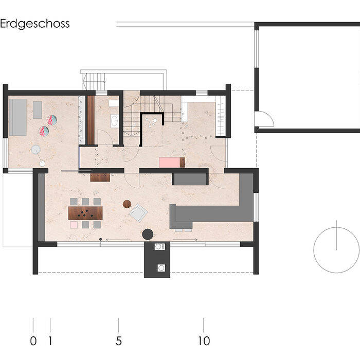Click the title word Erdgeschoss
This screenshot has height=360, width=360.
coord(35,24)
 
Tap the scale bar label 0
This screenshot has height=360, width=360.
coord(33,340)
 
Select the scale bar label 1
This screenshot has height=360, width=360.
coord(50,340)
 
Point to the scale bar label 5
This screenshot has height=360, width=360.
coord(119,340)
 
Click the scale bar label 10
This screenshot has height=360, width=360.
coord(204,340)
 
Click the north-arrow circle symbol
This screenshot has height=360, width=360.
coord(336,250)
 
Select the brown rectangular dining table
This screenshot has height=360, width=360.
coord(86,213)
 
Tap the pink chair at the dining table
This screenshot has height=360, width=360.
coord(74,225)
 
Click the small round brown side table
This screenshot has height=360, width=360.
coord(127,204)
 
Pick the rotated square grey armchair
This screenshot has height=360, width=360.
coord(139,211)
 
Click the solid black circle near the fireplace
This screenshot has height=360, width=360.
coord(148,235)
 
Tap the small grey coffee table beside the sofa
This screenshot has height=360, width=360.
coord(37,109)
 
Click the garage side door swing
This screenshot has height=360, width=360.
coord(265,120)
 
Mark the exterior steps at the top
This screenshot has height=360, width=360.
coord(94,81)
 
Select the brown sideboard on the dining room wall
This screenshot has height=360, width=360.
coord(100,178)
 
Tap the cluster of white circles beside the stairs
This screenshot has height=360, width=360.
coord(152,122)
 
